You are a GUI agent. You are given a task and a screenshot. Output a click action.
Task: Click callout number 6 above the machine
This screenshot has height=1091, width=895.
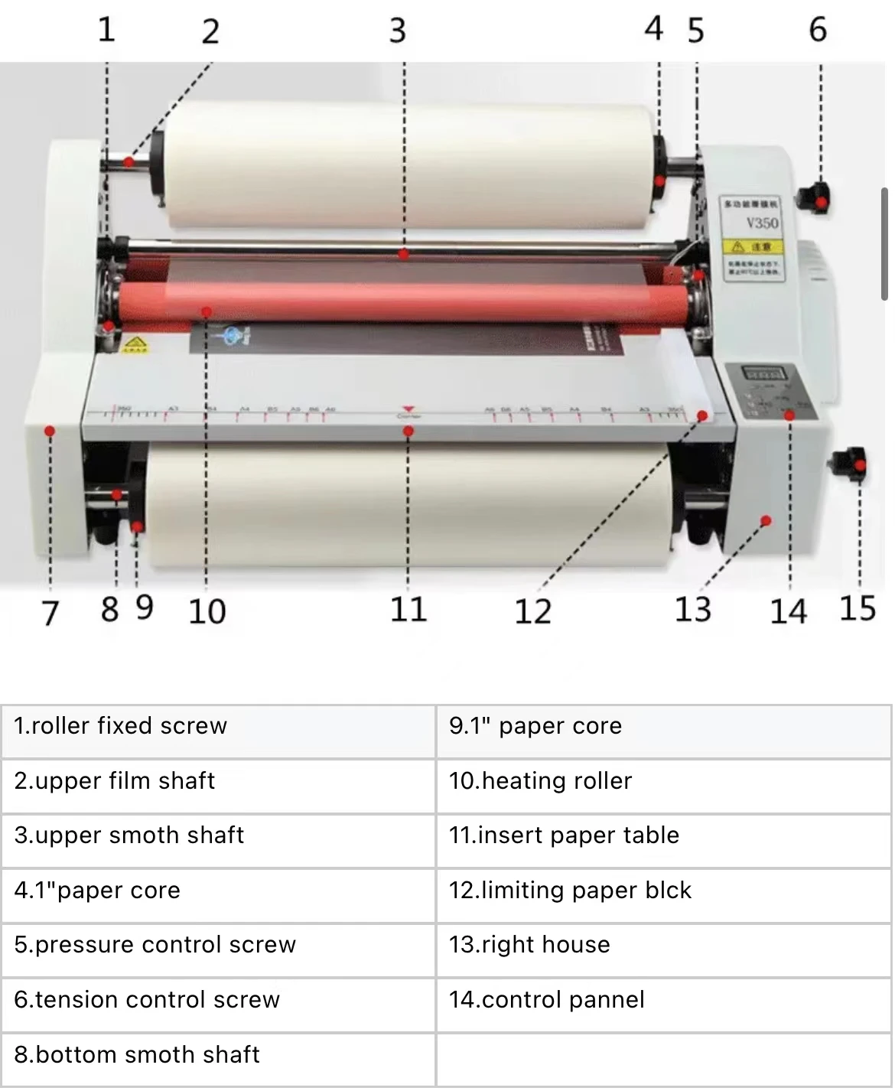(x=817, y=30)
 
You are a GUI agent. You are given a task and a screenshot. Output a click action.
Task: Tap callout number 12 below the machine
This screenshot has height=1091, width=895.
(x=532, y=611)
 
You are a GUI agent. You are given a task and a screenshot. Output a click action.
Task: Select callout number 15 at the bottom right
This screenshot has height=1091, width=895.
(x=857, y=609)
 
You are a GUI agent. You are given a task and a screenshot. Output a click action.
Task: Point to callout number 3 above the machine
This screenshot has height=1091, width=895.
(x=397, y=31)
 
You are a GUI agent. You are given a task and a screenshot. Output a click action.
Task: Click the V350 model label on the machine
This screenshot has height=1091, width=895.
(x=761, y=223)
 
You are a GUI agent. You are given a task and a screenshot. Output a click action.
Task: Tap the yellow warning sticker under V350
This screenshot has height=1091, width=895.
(x=752, y=246)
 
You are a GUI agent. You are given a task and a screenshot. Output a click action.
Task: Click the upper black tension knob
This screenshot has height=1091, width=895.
(x=813, y=198)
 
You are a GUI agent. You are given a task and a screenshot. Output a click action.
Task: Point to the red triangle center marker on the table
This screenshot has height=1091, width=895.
(x=408, y=410)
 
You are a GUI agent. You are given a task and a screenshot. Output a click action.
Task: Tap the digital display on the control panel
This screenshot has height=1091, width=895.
(x=762, y=375)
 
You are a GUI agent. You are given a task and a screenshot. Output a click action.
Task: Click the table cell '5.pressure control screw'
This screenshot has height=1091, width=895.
(x=218, y=945)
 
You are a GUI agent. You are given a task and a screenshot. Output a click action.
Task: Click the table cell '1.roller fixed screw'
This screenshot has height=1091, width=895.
(x=218, y=726)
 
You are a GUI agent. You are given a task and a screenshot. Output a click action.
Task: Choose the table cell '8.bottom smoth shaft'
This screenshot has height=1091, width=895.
(x=218, y=1055)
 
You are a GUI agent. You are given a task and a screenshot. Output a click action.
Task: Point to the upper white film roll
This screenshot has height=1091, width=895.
(x=405, y=164)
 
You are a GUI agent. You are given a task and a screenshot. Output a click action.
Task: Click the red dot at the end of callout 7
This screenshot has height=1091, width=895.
(x=50, y=431)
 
